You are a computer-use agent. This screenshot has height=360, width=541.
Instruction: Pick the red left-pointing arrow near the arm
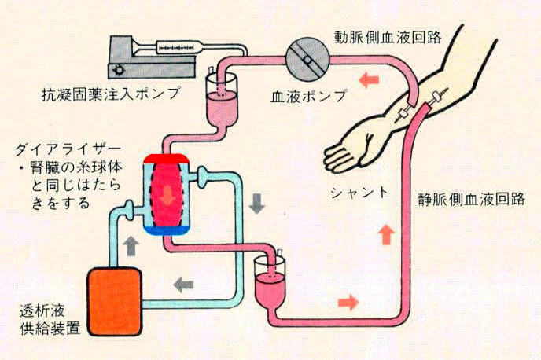tap(369, 79)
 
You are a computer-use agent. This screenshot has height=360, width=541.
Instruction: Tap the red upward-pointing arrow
tap(385, 233)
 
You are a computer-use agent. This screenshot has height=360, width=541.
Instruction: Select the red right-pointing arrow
tap(347, 301)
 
